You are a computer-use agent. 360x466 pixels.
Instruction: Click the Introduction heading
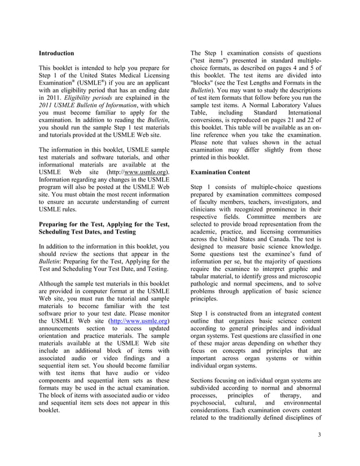(x=56, y=53)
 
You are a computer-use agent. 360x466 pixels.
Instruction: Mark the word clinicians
(x=207, y=210)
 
